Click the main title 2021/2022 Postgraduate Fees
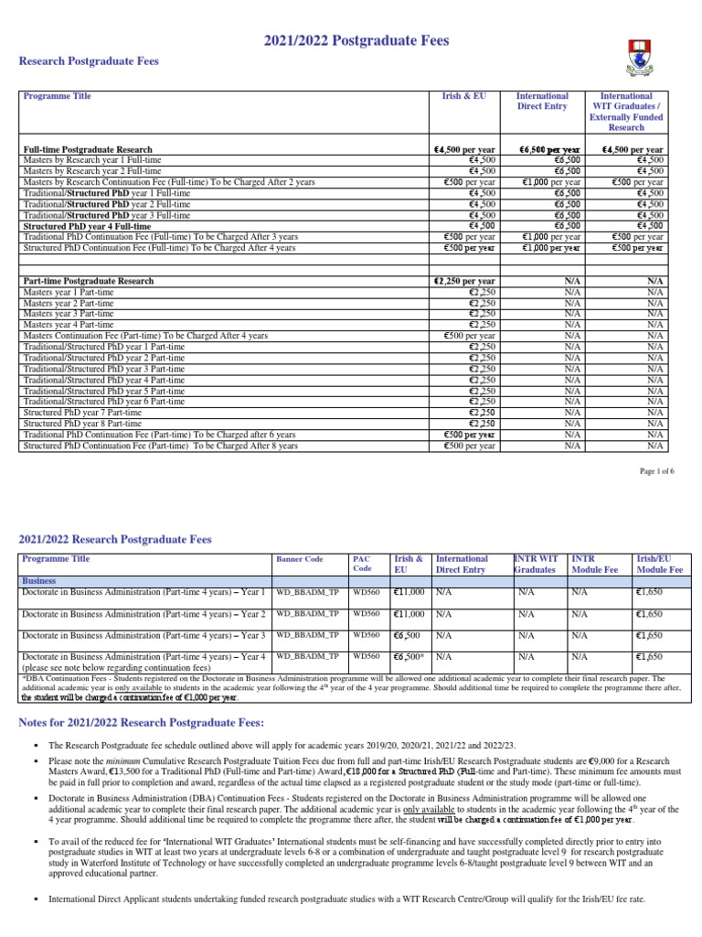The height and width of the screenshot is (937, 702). pos(356,41)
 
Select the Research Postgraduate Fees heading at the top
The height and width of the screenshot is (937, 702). pos(90,61)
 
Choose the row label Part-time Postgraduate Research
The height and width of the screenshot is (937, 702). pos(89,281)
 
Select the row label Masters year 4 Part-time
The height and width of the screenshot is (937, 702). pos(69,325)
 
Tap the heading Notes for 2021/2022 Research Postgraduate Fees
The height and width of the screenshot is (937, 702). pos(142,724)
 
